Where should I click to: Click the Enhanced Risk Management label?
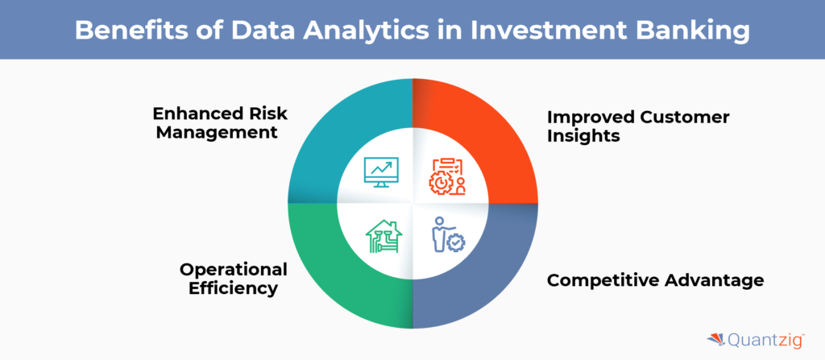tap(221, 122)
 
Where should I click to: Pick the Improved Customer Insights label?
tap(638, 126)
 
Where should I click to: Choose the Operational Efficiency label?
tap(233, 279)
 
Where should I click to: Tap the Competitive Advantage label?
tap(655, 280)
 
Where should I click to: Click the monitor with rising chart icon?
tap(381, 172)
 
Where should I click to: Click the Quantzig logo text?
tap(765, 341)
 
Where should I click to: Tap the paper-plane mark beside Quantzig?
tap(716, 340)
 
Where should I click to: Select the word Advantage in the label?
tap(715, 280)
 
